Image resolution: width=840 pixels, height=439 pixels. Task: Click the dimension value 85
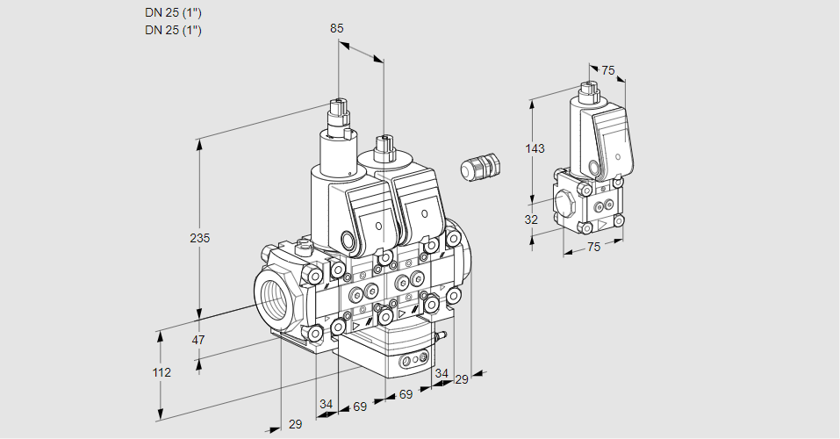click(337, 28)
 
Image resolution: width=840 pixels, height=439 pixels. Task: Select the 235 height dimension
click(201, 238)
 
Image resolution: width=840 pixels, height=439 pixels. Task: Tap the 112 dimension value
click(162, 372)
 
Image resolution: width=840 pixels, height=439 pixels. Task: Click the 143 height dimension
click(535, 148)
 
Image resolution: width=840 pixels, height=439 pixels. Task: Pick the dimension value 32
click(531, 219)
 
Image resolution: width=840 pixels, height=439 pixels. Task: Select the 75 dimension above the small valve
click(609, 70)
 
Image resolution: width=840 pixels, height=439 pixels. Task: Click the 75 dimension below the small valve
click(593, 248)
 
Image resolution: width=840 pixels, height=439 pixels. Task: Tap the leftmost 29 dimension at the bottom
click(295, 424)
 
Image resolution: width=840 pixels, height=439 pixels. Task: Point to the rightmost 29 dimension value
click(461, 378)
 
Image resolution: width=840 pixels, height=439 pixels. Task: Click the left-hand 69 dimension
click(359, 407)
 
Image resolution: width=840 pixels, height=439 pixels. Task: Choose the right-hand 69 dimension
click(406, 394)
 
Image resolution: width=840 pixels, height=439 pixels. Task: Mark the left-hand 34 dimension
click(327, 404)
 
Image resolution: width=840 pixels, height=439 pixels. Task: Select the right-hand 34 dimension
click(442, 373)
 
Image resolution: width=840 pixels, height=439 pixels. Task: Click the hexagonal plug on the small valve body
click(566, 205)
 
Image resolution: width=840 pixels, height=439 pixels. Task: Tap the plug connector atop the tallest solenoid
click(338, 112)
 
